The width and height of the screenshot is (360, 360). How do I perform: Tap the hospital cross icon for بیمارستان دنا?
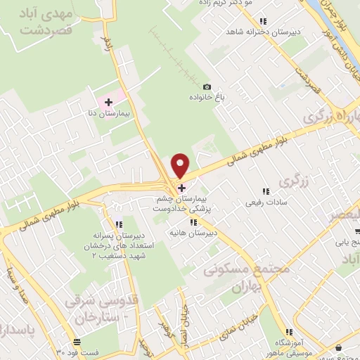click(x=108, y=103)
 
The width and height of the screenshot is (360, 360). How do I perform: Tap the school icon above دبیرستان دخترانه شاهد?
click(x=263, y=22)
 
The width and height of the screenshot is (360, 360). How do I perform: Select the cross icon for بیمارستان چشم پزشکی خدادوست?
click(x=181, y=188)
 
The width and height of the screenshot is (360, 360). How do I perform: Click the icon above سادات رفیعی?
click(x=265, y=191)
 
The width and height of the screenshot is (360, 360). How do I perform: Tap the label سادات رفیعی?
click(x=262, y=202)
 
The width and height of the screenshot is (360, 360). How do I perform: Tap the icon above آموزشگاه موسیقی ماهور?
click(x=289, y=332)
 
